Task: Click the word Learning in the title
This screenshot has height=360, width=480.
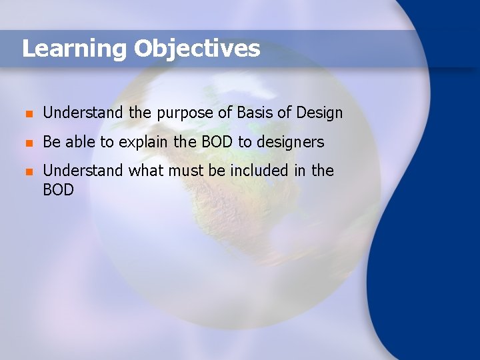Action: click(x=74, y=49)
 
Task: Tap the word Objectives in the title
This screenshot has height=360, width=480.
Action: click(x=197, y=49)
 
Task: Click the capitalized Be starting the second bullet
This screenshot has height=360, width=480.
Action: click(x=51, y=142)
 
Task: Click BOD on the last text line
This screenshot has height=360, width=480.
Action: click(x=58, y=190)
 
